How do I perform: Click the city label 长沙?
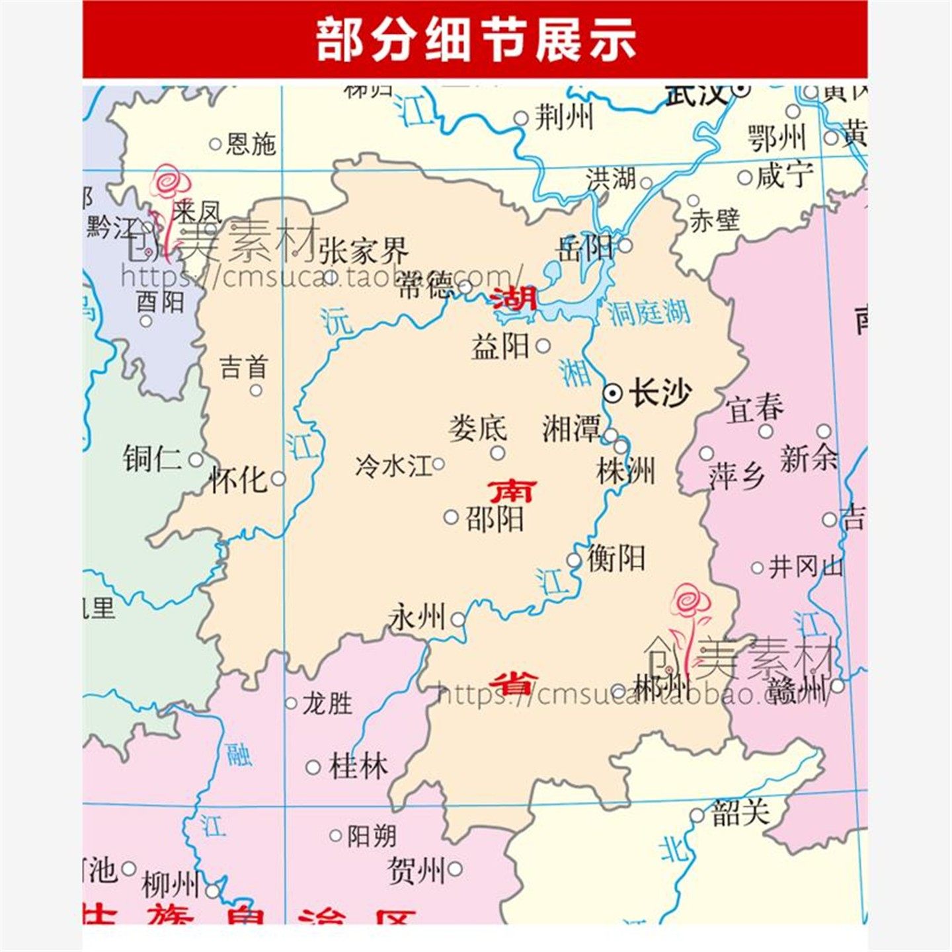[x=660, y=393]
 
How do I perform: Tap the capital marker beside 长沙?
[x=613, y=393]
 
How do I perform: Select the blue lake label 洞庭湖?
[x=650, y=311]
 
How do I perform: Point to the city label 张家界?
[x=364, y=251]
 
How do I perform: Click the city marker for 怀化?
[x=278, y=478]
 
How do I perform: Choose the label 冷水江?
[x=393, y=465]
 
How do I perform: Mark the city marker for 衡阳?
[x=574, y=561]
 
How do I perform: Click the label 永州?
[x=417, y=617]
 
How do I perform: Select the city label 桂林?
[x=358, y=767]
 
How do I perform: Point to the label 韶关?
[x=740, y=813]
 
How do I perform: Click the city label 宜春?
[x=755, y=408]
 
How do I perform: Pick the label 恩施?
[x=251, y=143]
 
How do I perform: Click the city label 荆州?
[x=563, y=118]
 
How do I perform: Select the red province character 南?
[x=512, y=491]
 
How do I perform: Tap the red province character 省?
[x=512, y=682]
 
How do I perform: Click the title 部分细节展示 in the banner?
[x=475, y=40]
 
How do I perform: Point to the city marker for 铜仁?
[x=196, y=459]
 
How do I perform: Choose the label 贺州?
[x=416, y=870]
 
